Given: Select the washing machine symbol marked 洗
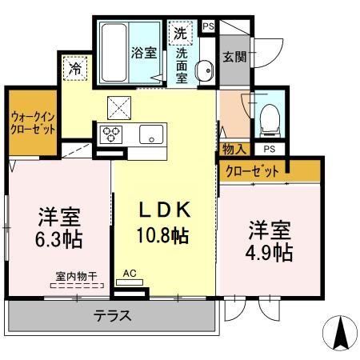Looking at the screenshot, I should click(180, 34).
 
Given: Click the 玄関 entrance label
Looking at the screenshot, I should click(234, 57).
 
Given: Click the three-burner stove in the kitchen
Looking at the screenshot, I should click(111, 134).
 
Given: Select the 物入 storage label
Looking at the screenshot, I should click(234, 149).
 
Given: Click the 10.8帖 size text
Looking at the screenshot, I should click(162, 237).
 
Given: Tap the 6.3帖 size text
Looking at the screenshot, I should click(60, 239).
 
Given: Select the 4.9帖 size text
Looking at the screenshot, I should click(268, 252).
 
